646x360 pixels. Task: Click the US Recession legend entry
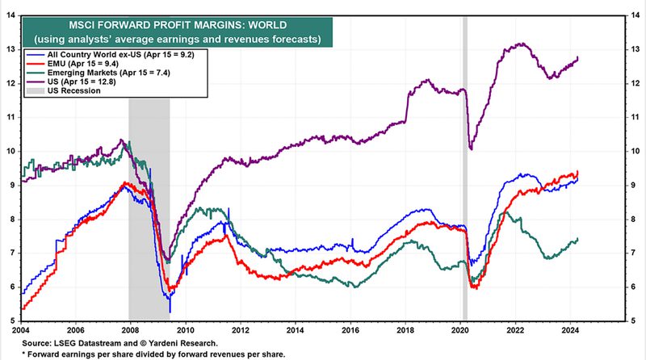click(65, 90)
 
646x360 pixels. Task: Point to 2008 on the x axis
click(131, 329)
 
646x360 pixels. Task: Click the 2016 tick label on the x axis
click(351, 329)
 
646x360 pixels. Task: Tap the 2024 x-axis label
click(572, 329)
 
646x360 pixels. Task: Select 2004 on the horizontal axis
click(21, 329)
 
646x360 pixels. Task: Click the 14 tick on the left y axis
click(11, 15)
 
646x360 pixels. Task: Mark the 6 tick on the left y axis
click(11, 287)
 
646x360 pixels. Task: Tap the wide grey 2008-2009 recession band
click(149, 202)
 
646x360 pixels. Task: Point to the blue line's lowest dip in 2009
click(170, 312)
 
